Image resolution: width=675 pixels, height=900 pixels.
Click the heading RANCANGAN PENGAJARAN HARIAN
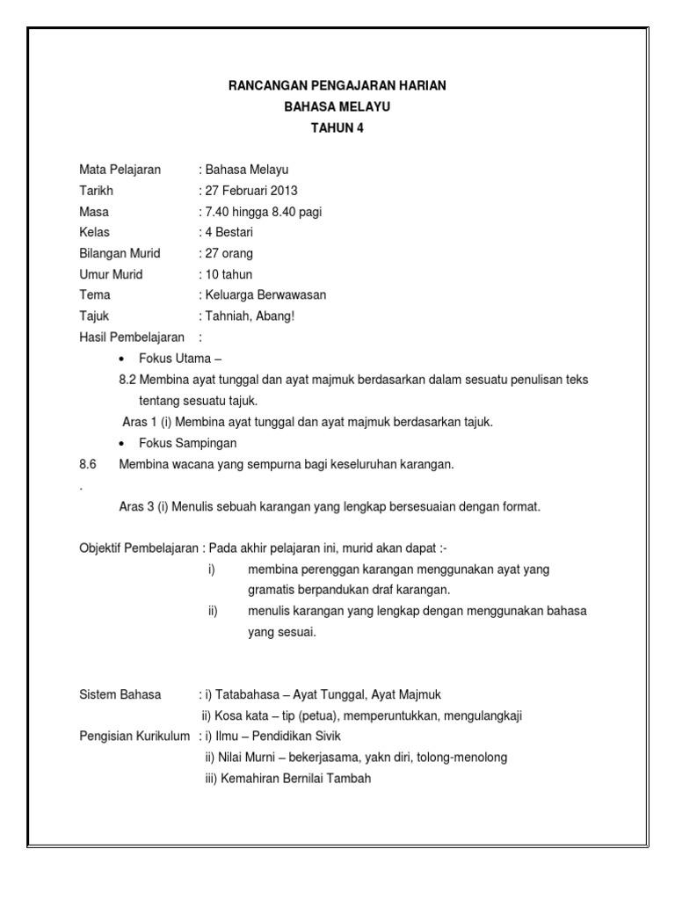click(337, 85)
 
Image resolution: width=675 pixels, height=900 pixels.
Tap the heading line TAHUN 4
click(337, 127)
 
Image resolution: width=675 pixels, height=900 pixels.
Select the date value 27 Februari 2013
click(251, 190)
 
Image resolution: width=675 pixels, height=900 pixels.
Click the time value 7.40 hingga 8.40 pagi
click(261, 212)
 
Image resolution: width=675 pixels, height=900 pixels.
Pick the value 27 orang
click(229, 253)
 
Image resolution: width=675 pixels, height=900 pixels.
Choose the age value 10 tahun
click(229, 274)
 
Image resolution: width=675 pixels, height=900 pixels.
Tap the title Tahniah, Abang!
click(250, 316)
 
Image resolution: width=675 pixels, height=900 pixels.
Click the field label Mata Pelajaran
click(120, 170)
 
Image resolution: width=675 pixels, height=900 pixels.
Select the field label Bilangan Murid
click(120, 253)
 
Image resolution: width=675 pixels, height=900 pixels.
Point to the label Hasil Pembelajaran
click(132, 337)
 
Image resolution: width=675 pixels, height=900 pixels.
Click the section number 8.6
click(87, 464)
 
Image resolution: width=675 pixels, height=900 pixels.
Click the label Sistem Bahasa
click(120, 694)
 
